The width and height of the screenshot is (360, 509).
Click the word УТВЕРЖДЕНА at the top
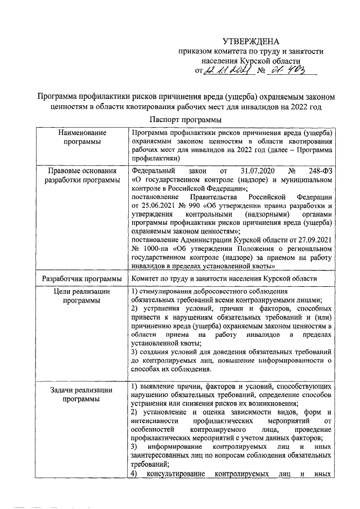250,41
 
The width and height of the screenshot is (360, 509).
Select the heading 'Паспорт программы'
186,120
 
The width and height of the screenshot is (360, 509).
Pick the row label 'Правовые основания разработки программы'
83,175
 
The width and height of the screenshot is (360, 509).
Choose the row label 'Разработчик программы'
83,279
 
